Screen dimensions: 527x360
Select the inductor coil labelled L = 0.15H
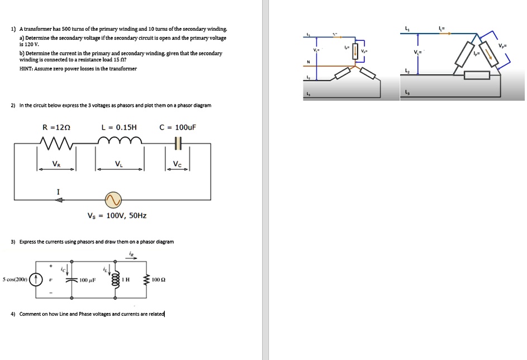click(120, 143)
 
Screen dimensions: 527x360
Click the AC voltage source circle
click(113, 200)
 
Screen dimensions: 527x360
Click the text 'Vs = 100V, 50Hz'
click(117, 215)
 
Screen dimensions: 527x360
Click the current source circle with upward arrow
click(37, 278)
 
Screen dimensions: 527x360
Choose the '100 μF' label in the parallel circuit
click(89, 279)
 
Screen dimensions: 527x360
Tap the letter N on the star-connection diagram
click(307, 61)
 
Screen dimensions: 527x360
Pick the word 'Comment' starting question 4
click(29, 314)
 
